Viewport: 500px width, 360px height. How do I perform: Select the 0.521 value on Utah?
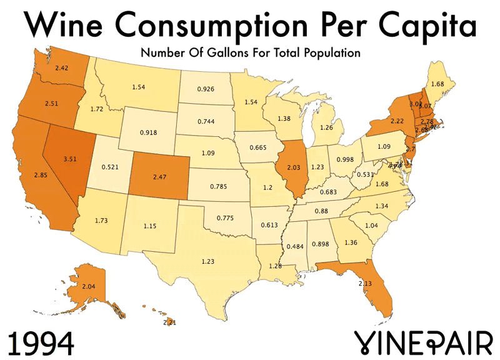[111, 167]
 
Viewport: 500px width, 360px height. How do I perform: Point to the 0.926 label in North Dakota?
[206, 89]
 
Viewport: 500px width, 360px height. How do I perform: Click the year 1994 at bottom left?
[41, 342]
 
